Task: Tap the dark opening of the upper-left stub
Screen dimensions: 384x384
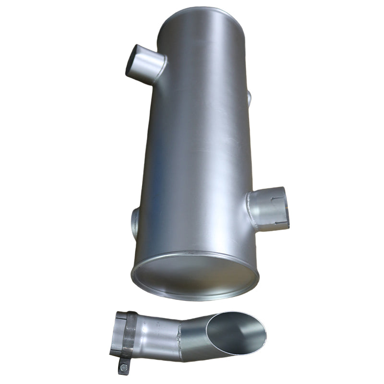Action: click(x=135, y=60)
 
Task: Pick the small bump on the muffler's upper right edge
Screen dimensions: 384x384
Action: click(x=249, y=97)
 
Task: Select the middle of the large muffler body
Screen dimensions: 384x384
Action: click(x=197, y=144)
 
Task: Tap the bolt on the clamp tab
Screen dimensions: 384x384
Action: click(x=124, y=368)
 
